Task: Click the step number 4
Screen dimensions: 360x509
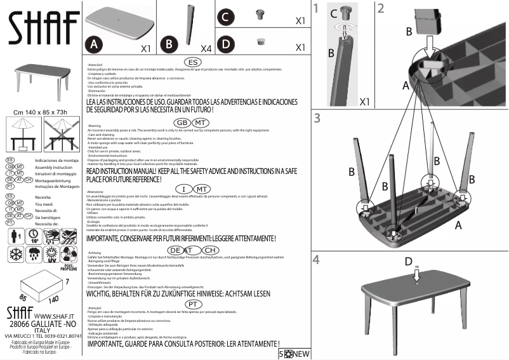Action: [317, 259]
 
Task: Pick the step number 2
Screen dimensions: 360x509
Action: [381, 8]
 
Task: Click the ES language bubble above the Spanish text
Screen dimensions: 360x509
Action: [194, 62]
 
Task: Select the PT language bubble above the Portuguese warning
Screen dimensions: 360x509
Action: [195, 303]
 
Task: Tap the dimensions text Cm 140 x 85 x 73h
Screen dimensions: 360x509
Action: [41, 112]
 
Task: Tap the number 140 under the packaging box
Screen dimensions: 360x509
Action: [55, 298]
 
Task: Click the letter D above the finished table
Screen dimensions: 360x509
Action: [409, 261]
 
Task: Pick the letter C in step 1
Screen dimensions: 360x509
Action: [333, 12]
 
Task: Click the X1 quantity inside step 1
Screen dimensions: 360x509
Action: [365, 101]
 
